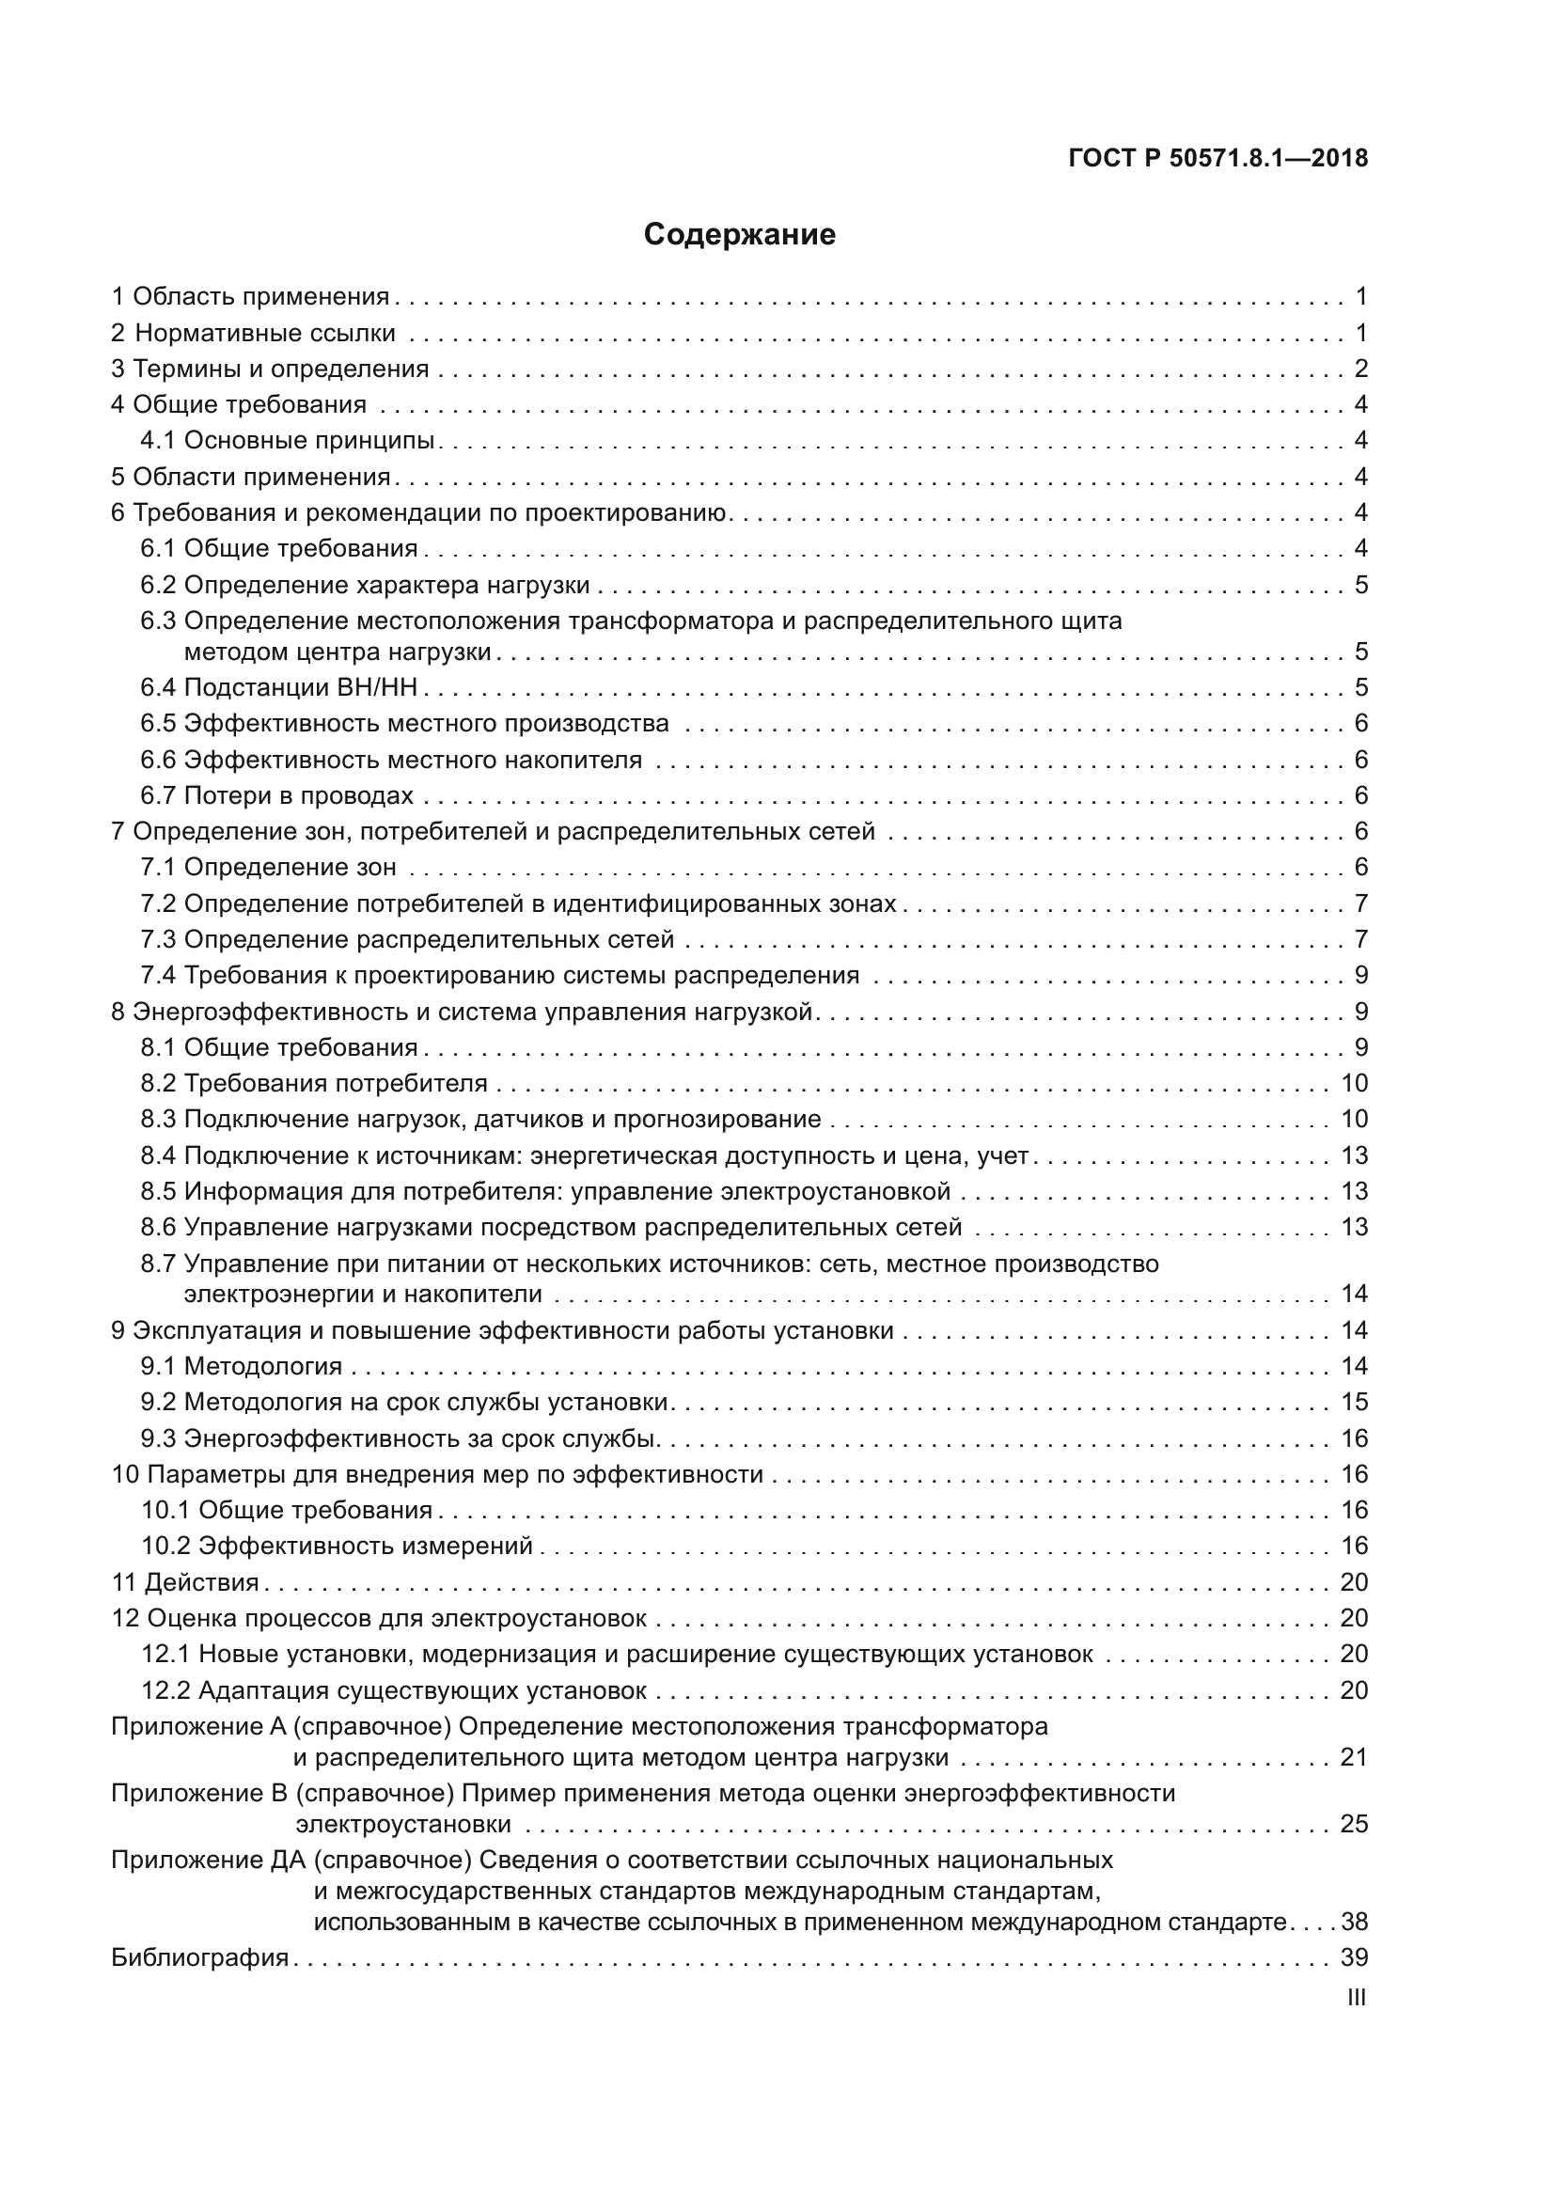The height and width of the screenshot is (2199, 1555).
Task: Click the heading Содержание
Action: coord(739,235)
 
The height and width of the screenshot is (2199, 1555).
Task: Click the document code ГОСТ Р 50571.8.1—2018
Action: coord(1217,159)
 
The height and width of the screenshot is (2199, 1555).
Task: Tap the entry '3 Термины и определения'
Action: coord(270,369)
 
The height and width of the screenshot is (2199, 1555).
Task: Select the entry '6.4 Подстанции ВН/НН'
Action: coord(278,687)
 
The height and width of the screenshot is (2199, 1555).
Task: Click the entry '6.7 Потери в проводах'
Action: coord(276,796)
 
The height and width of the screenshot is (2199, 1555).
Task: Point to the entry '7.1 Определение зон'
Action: coord(268,868)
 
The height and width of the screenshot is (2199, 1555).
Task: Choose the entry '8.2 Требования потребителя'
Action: coord(314,1084)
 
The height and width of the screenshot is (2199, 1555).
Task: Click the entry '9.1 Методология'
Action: coord(242,1367)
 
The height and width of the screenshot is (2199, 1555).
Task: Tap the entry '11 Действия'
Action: coord(186,1582)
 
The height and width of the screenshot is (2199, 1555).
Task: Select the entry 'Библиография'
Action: coord(200,1957)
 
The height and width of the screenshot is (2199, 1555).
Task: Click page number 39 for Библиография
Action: coord(1354,1957)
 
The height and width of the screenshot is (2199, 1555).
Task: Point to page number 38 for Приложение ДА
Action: coord(1354,1923)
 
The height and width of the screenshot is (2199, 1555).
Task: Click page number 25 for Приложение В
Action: coord(1354,1824)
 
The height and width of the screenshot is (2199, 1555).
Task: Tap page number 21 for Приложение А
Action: coord(1354,1757)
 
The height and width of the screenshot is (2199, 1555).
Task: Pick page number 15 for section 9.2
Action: coord(1354,1402)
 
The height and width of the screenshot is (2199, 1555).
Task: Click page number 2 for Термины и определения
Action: coord(1360,369)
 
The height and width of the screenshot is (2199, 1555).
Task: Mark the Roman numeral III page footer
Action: coord(1356,1998)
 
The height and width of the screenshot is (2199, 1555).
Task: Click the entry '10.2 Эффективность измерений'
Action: coord(338,1546)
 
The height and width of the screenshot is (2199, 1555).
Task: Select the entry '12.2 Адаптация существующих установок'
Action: coord(394,1690)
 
